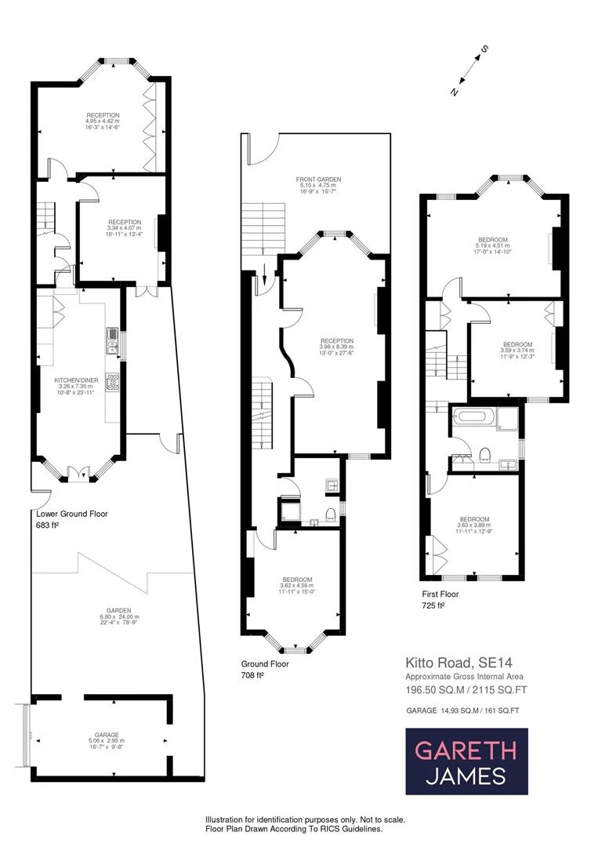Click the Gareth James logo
click(466, 761)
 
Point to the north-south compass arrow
click(469, 71)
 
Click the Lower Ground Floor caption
click(72, 514)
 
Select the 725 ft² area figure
click(433, 605)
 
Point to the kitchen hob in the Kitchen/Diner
click(112, 382)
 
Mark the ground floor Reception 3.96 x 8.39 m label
click(336, 345)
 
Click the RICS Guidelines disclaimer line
click(305, 828)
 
